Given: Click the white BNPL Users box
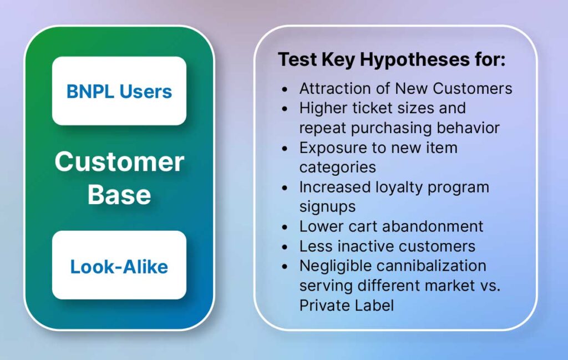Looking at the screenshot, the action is (119, 91).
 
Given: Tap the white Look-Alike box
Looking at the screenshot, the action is (119, 265).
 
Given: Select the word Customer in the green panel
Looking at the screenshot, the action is (120, 161).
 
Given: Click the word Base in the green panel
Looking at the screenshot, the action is (119, 195).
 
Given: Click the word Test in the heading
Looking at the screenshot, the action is (297, 59).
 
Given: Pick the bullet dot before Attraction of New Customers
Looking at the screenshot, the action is (285, 89).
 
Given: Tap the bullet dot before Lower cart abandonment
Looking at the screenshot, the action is (285, 227).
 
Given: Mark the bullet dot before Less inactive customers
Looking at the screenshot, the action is (285, 247).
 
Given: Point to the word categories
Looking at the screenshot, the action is (338, 168).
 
